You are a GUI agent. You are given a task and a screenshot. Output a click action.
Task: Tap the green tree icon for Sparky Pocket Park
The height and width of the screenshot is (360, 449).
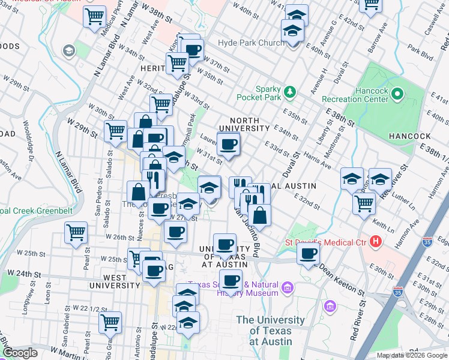coord(291,91)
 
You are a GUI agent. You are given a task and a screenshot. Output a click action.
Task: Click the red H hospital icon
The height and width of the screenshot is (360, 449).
coord(376,242)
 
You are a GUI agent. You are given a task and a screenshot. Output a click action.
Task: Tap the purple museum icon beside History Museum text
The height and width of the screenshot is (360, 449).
coord(287,289)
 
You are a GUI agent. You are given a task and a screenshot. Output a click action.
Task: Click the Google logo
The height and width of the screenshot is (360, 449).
coord(19,353)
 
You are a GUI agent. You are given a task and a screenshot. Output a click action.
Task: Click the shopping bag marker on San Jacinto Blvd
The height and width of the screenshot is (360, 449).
coord(260,214)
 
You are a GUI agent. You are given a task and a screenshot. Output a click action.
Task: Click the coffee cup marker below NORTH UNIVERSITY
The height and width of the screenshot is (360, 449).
coord(228,145)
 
